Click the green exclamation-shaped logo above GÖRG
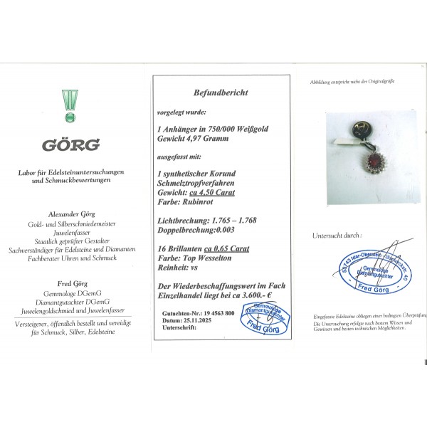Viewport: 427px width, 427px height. tap(69, 104)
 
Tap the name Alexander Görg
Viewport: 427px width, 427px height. tap(69, 213)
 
